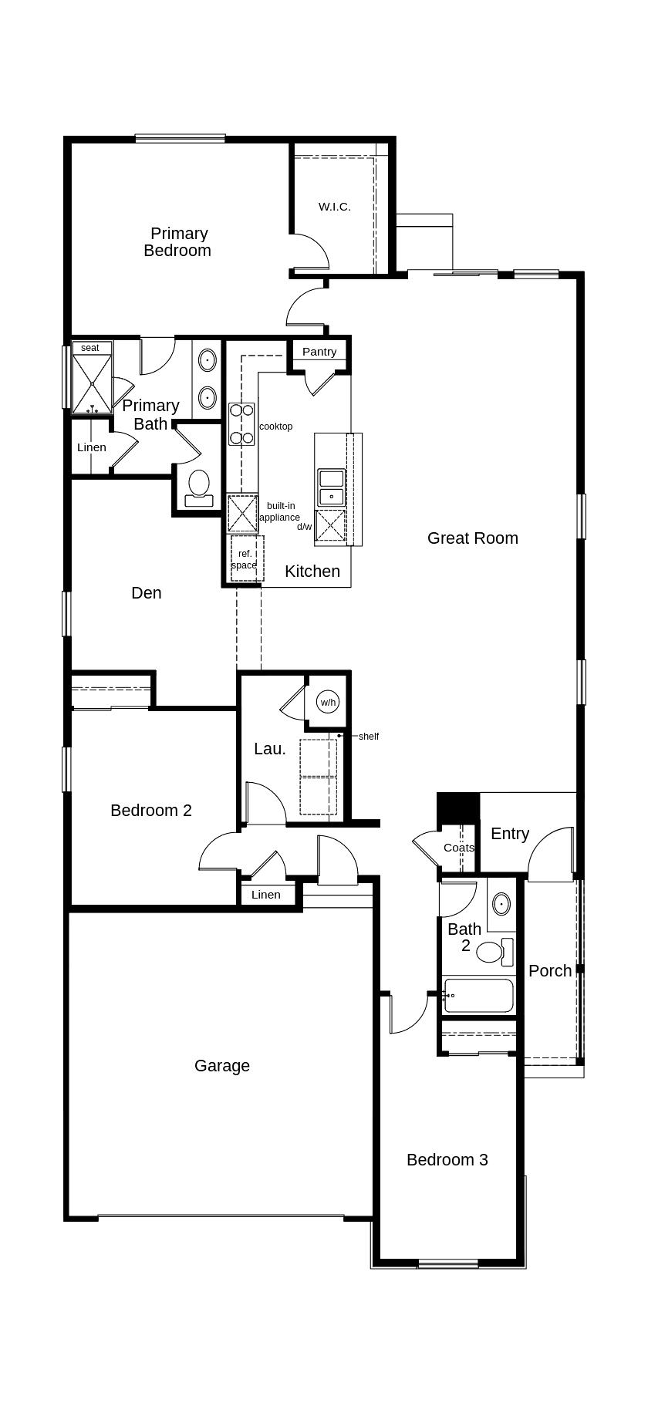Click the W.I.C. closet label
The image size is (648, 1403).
tap(335, 207)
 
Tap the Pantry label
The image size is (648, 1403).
tap(319, 352)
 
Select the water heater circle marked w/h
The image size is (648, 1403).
tap(328, 702)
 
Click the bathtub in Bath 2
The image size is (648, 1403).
tap(478, 996)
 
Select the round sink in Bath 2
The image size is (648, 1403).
tap(501, 902)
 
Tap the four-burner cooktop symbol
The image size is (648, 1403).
tap(241, 424)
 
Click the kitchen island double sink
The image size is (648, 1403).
tap(332, 487)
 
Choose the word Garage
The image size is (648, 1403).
tap(222, 1065)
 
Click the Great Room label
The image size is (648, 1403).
tap(473, 538)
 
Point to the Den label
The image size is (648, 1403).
tap(147, 592)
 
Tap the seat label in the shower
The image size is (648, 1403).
tap(90, 348)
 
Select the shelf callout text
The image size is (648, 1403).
tap(369, 737)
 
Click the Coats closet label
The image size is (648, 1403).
tap(459, 848)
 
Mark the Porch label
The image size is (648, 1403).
tap(550, 970)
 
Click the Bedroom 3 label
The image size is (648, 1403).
tap(447, 1159)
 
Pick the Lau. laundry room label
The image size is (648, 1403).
tap(270, 748)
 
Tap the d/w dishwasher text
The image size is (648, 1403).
tap(305, 527)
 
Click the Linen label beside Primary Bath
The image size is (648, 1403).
tap(92, 447)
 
